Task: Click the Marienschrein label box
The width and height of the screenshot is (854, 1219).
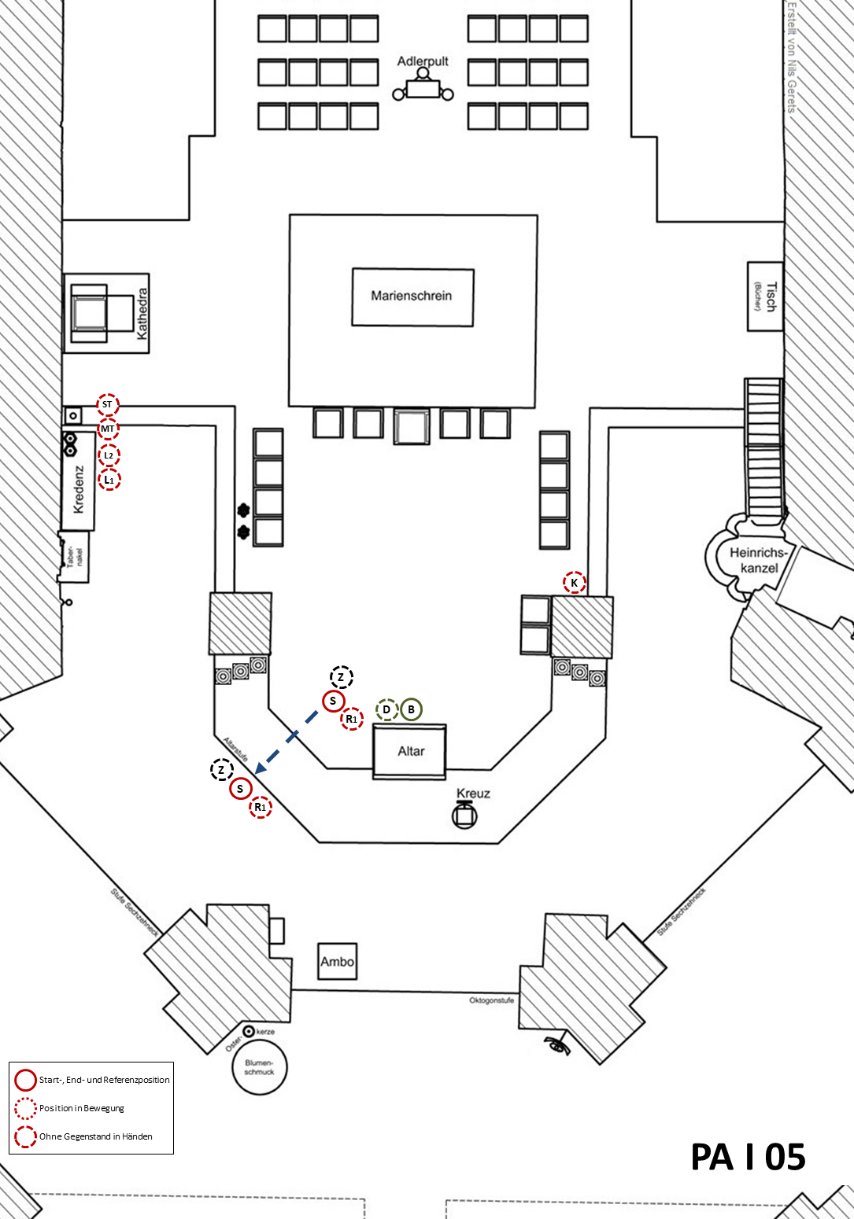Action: pos(412,296)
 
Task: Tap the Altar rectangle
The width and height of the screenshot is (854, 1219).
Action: pos(410,751)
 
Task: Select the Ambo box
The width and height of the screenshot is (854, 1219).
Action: pos(337,961)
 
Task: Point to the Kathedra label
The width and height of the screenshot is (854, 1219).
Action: pos(142,313)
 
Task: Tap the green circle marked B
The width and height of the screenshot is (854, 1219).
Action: pos(411,709)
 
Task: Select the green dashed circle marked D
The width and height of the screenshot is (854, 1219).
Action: pos(386,709)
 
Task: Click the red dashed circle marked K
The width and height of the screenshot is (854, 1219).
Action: pos(575,583)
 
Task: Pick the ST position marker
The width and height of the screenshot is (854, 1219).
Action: pos(108,405)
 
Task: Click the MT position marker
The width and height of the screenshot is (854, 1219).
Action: pos(108,429)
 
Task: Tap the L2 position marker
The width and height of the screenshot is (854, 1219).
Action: pos(109,455)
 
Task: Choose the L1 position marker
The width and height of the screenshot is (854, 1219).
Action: pos(109,480)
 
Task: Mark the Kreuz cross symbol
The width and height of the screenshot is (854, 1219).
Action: pos(464,816)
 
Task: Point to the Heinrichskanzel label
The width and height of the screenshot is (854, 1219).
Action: pos(759,560)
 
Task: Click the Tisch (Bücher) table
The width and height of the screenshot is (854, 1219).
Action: pos(765,296)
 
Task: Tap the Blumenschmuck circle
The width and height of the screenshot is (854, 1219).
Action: pos(259,1067)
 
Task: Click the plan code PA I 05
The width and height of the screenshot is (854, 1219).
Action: pos(748,1157)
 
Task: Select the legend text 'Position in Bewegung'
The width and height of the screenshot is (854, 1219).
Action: pos(82,1108)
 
